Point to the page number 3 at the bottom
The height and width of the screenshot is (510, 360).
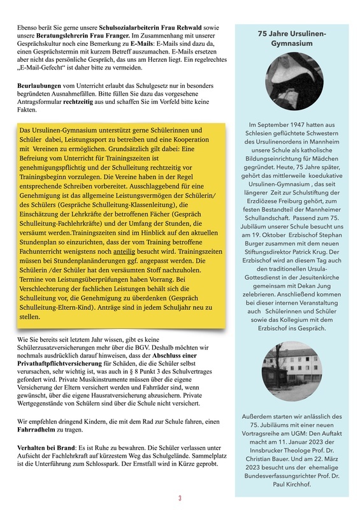coord(180,499)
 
